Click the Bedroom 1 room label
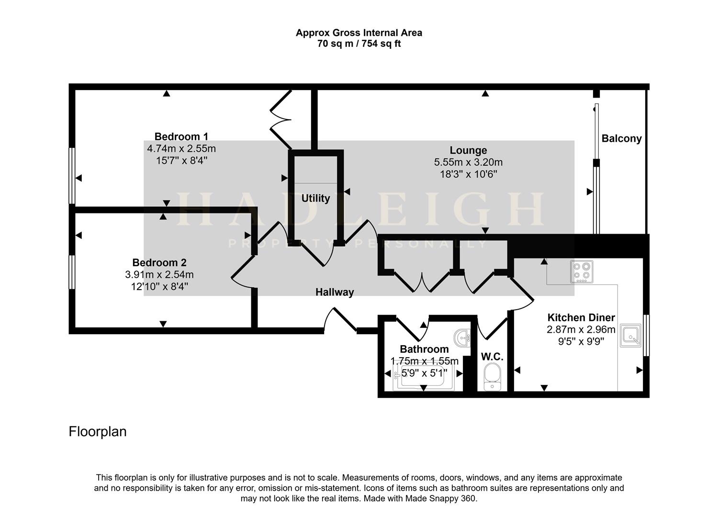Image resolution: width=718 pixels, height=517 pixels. tap(181, 136)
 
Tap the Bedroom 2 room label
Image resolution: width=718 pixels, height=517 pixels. tap(159, 262)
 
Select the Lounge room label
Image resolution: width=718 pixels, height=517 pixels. tap(468, 150)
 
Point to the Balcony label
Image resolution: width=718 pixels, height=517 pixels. tap(621, 139)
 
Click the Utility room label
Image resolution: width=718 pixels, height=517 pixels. tap(315, 198)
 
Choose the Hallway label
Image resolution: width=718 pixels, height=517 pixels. tap(335, 292)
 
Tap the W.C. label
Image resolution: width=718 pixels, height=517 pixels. tap(492, 357)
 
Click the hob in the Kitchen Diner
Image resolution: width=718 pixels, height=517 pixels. tap(582, 271)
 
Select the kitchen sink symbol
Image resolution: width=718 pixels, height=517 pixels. tap(631, 336)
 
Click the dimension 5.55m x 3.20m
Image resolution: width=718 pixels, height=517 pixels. tap(468, 163)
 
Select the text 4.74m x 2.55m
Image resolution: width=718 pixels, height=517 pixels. tap(181, 149)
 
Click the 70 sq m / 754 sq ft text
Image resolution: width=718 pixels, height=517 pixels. tap(359, 44)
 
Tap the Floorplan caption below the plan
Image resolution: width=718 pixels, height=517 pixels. tap(98, 432)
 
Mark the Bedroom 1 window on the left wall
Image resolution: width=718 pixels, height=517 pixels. tap(72, 176)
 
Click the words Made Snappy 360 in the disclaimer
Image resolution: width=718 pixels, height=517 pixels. tap(440, 499)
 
